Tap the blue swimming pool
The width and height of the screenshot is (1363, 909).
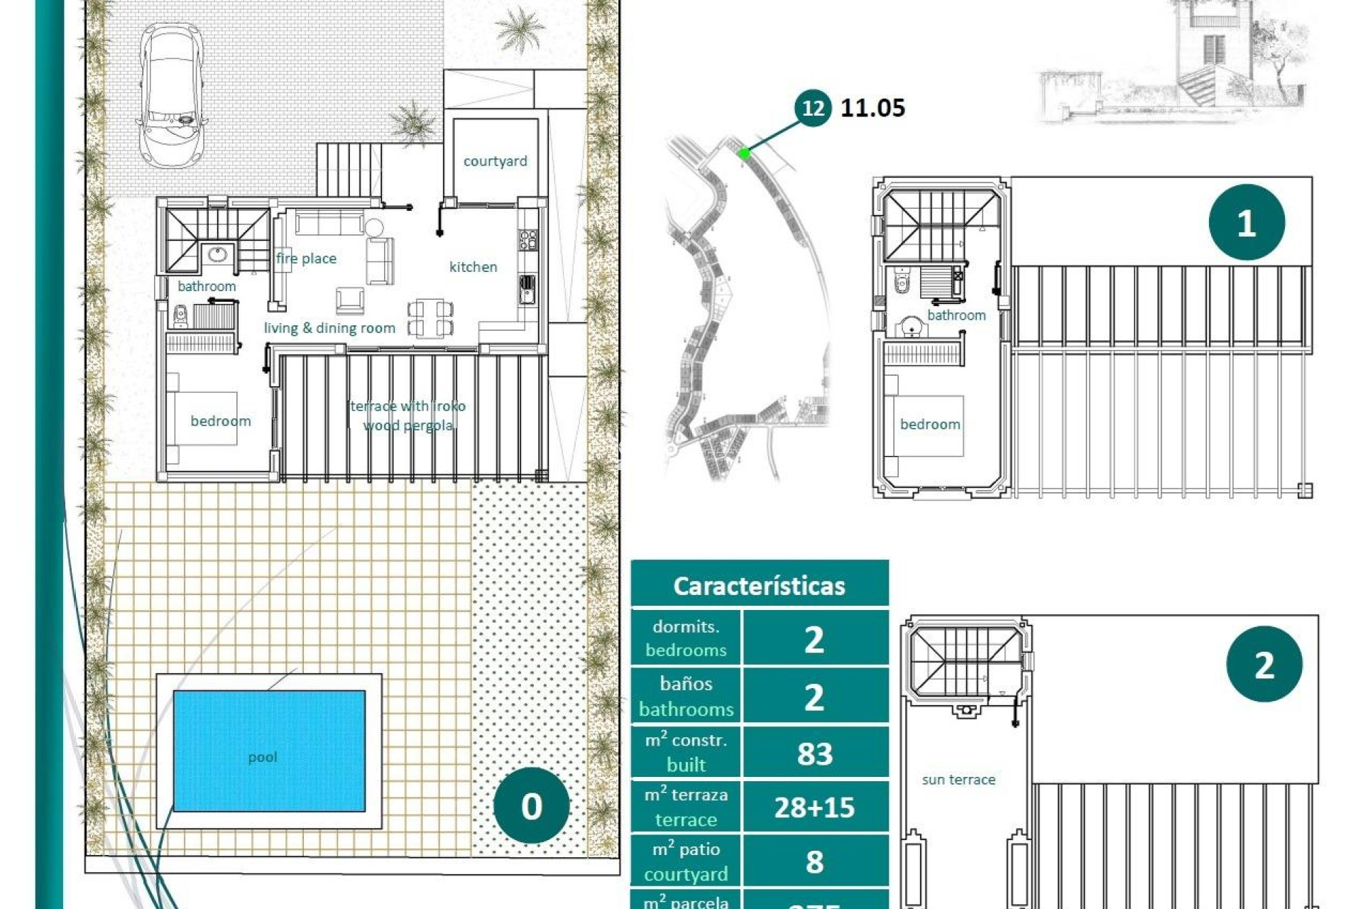[x=269, y=751]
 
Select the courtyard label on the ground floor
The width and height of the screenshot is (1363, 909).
[x=495, y=161]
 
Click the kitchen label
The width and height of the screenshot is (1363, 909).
[x=473, y=267]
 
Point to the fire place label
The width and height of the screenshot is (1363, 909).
[x=306, y=258]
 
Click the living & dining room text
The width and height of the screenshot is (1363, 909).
[x=329, y=328]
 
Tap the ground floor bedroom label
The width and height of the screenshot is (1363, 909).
[x=220, y=421]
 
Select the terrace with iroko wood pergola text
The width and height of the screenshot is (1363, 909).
[x=408, y=415]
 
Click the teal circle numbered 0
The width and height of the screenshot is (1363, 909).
[x=531, y=805]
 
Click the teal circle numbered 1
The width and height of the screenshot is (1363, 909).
[x=1246, y=223]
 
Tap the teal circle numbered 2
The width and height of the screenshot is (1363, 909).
[x=1264, y=665]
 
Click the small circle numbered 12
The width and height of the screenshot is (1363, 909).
[x=812, y=108]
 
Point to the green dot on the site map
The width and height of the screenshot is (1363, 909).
[x=744, y=153]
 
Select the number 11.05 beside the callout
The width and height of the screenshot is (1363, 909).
[x=872, y=108]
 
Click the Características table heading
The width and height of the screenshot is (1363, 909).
[x=759, y=586]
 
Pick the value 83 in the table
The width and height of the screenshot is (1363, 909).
[x=814, y=753]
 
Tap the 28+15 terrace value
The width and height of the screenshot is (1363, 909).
[x=814, y=807]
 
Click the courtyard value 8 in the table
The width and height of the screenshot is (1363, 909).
[x=814, y=861]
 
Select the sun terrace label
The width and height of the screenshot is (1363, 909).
[x=958, y=780]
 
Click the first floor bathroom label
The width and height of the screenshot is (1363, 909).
[x=956, y=315]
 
